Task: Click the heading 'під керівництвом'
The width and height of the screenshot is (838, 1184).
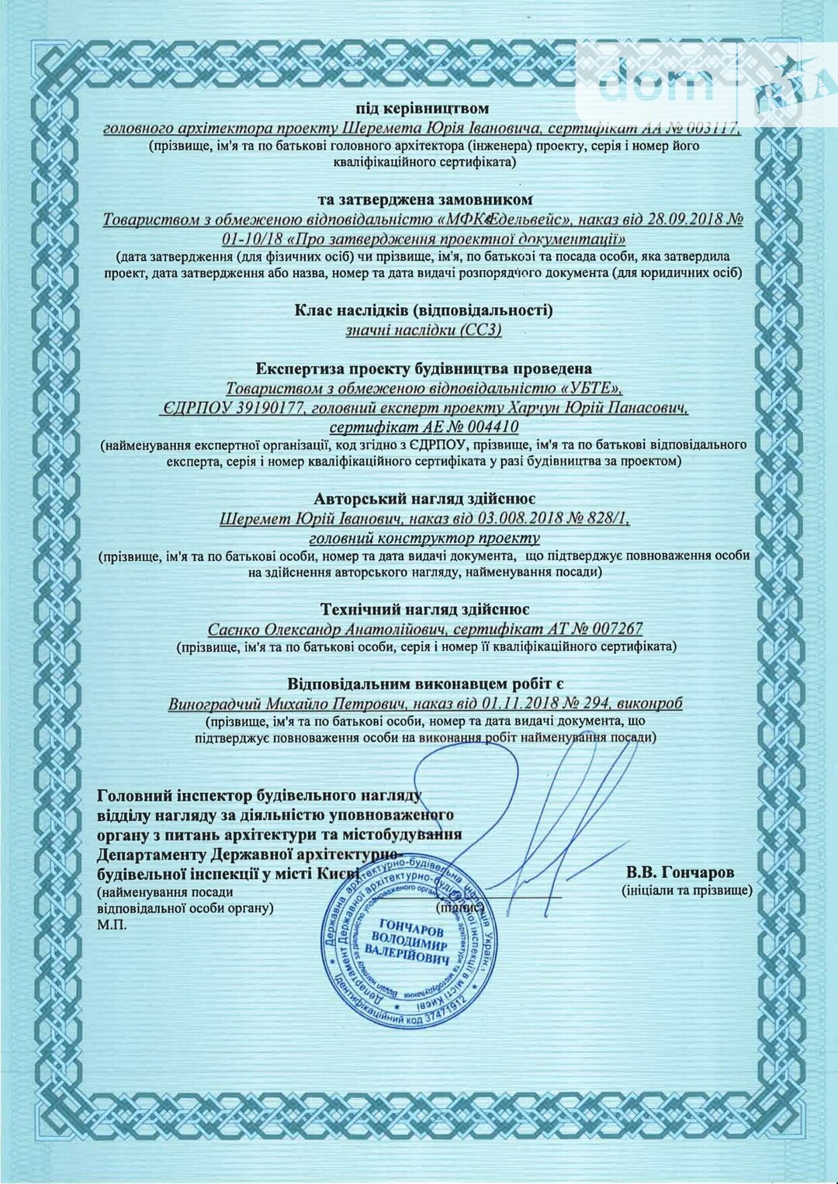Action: [423, 109]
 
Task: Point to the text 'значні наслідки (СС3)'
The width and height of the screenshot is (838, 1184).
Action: [424, 330]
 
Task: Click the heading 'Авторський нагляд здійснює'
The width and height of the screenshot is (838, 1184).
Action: [424, 499]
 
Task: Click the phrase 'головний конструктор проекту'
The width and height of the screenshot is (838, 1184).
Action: [424, 537]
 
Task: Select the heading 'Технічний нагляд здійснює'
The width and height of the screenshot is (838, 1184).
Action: [424, 610]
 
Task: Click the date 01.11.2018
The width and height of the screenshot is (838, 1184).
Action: [525, 704]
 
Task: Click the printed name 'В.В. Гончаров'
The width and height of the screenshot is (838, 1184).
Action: [680, 873]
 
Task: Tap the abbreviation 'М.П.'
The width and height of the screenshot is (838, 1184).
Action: [112, 924]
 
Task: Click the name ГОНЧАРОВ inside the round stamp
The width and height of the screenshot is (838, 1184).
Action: [411, 926]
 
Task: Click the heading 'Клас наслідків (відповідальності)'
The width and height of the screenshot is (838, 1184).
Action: [424, 310]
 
